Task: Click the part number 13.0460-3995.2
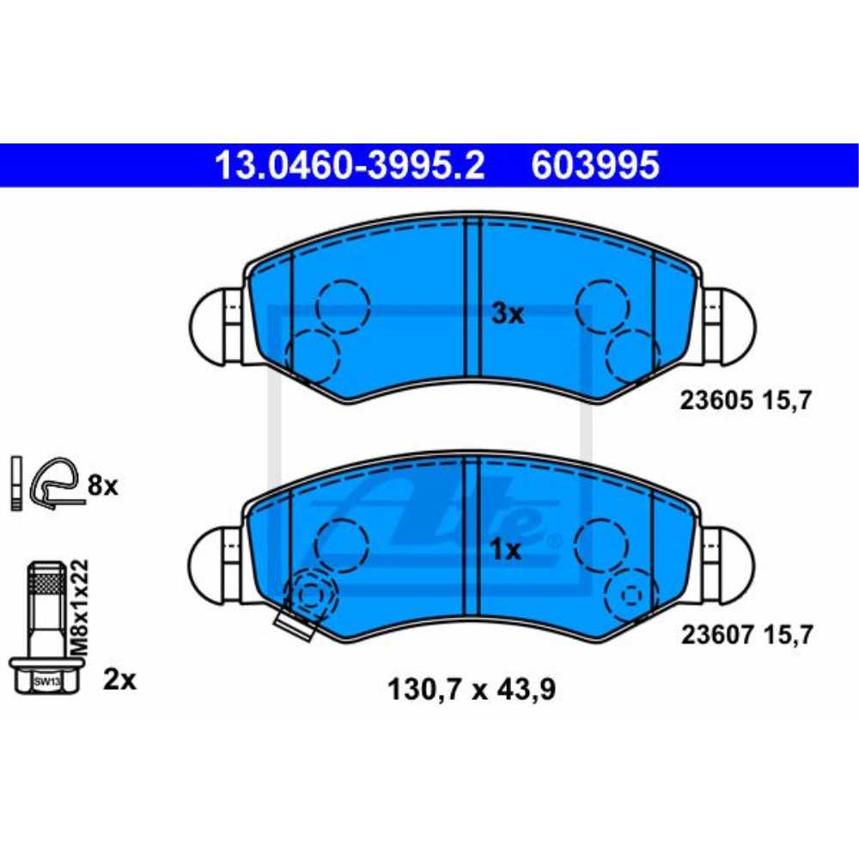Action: click(350, 166)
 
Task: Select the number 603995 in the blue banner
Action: click(595, 166)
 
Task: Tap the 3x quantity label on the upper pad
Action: click(508, 314)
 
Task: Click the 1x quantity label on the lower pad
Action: click(506, 550)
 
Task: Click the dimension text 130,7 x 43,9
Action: click(472, 689)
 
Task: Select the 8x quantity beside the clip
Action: click(102, 485)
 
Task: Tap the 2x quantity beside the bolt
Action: click(119, 679)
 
